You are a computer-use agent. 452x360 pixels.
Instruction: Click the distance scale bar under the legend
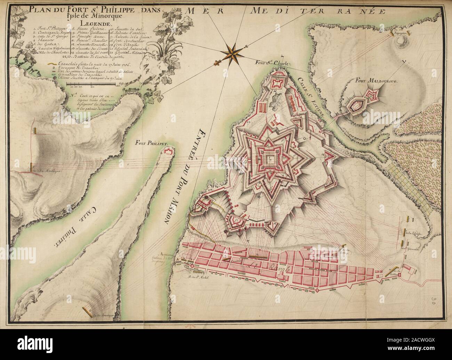coord(92,84)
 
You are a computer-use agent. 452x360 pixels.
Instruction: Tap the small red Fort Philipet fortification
coord(168,150)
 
